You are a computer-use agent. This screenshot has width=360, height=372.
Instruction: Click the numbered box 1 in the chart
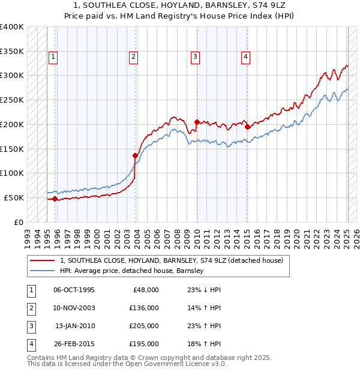click(53, 57)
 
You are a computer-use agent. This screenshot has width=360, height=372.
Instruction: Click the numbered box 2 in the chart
click(133, 57)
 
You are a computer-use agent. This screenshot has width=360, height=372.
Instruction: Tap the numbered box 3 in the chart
click(196, 57)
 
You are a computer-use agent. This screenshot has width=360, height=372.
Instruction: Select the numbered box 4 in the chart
click(246, 57)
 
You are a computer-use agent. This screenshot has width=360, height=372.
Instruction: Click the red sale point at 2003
click(135, 155)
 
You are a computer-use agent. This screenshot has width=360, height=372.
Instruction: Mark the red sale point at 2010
click(197, 122)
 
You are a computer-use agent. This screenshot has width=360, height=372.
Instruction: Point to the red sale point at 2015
click(248, 127)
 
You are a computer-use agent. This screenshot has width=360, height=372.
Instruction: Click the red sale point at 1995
click(55, 199)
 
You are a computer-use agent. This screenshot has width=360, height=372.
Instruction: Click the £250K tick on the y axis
click(12, 100)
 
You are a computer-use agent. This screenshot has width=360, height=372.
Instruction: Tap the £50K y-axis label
click(14, 197)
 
